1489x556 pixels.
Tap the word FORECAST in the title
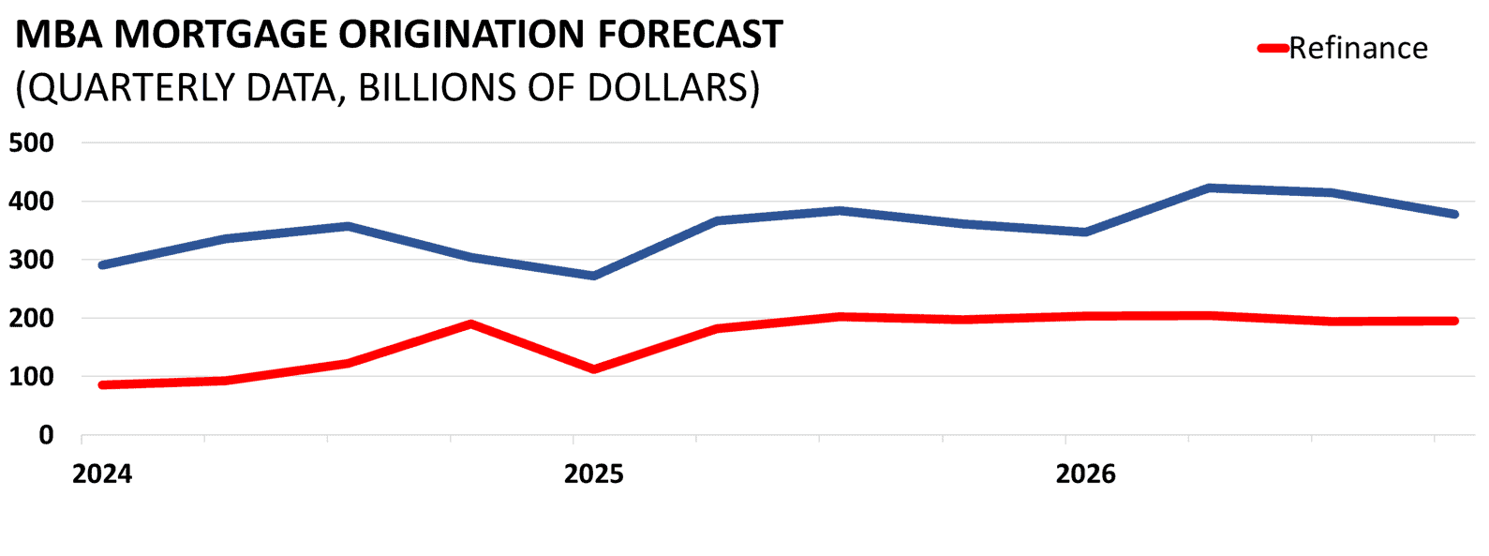[690, 35]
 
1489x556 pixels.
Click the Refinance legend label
[1358, 48]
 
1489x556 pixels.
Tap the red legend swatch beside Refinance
[1273, 48]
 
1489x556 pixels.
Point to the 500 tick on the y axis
[33, 143]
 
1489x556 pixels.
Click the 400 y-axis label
[33, 202]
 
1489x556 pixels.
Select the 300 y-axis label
[33, 260]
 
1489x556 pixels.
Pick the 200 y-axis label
[33, 319]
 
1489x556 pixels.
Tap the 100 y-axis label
[33, 377]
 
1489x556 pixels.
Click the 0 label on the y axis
[46, 435]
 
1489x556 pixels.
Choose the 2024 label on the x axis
[102, 473]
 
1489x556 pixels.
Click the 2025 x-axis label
[593, 473]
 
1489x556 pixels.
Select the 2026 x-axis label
[1085, 473]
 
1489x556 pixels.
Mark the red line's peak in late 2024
[470, 324]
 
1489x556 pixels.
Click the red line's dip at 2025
[594, 369]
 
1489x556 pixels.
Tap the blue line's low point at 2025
[594, 276]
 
